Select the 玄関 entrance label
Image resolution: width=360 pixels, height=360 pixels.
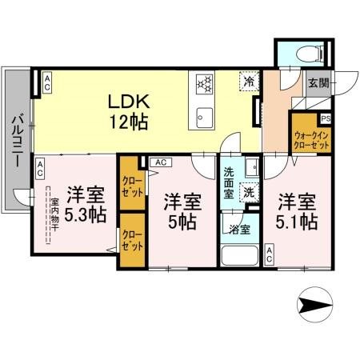click(318, 82)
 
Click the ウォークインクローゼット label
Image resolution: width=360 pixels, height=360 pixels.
click(310, 142)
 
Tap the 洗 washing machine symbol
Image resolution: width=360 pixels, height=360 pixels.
click(250, 192)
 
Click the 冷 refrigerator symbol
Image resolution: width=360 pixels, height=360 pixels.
click(250, 82)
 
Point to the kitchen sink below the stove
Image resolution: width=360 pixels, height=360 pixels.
click(202, 115)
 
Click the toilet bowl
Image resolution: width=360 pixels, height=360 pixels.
click(306, 52)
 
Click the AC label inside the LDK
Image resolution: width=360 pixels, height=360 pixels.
click(46, 81)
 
